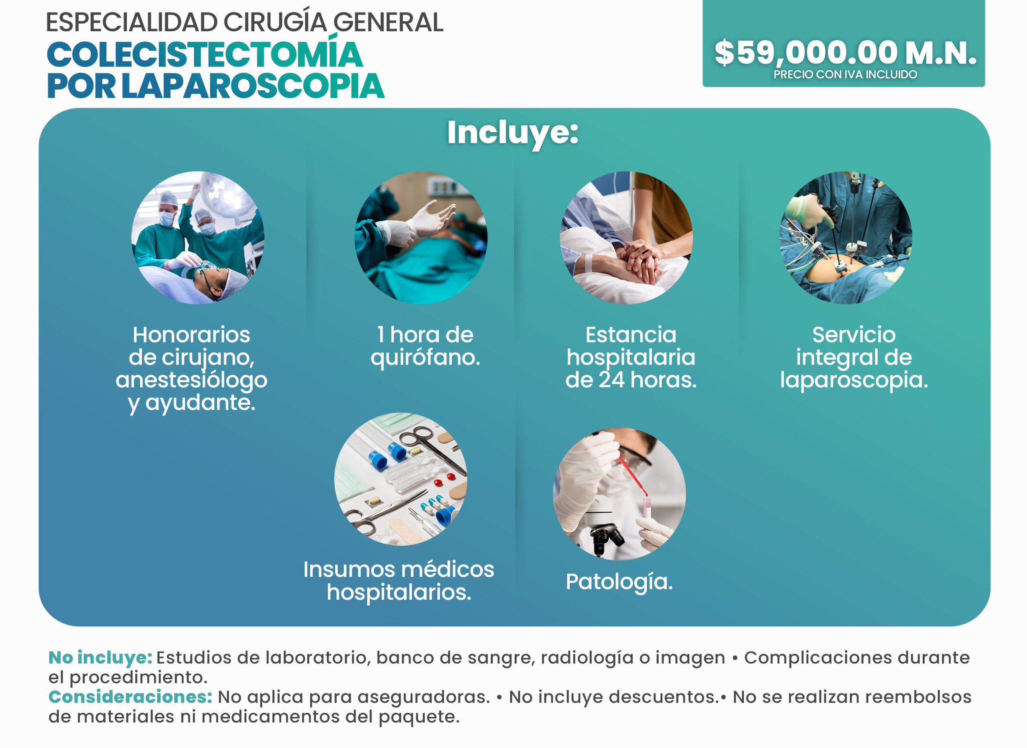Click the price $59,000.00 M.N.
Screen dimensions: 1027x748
pyautogui.click(x=845, y=53)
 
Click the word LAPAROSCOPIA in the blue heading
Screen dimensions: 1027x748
pyautogui.click(x=253, y=86)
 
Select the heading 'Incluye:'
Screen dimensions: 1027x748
pyautogui.click(x=513, y=133)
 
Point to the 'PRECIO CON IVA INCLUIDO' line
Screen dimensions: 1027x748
pyautogui.click(x=845, y=74)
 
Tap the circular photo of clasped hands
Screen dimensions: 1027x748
pyautogui.click(x=626, y=237)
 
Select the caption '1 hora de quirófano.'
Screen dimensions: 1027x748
pyautogui.click(x=425, y=346)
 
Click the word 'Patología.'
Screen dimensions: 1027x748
pyautogui.click(x=619, y=582)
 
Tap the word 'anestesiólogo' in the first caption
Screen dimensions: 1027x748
pyautogui.click(x=191, y=380)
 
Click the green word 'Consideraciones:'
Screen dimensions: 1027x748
pyautogui.click(x=130, y=697)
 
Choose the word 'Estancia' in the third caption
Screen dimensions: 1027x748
pyautogui.click(x=631, y=335)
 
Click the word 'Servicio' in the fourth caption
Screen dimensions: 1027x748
pyautogui.click(x=854, y=335)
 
